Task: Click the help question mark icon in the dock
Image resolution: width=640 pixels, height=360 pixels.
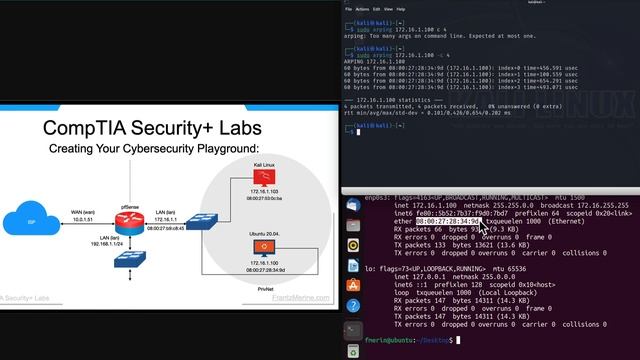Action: coord(353,304)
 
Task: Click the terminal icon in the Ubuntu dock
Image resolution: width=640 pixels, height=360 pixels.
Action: coord(353,329)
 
